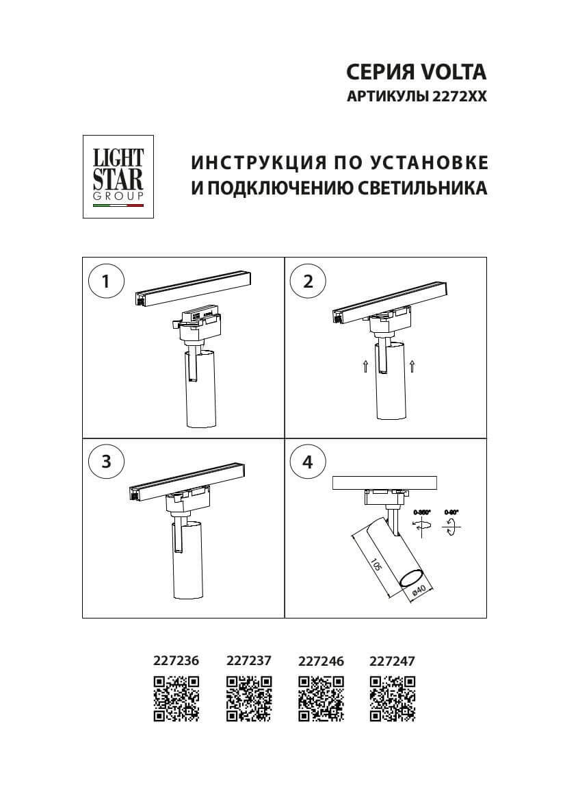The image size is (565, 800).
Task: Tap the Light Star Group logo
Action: [x=118, y=177]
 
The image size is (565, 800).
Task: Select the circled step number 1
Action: [x=106, y=282]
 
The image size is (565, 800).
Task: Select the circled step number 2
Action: [x=308, y=282]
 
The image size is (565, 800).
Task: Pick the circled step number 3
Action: [x=106, y=462]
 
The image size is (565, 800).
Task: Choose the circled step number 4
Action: [x=308, y=462]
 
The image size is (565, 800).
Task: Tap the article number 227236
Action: [x=176, y=662]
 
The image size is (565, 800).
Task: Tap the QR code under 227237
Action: [x=249, y=699]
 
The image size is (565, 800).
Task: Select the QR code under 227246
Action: [x=321, y=699]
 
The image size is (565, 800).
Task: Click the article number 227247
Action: [x=392, y=662]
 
